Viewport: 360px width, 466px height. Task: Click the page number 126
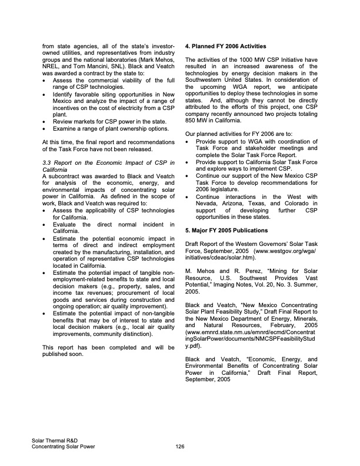pyautogui.click(x=180, y=447)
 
